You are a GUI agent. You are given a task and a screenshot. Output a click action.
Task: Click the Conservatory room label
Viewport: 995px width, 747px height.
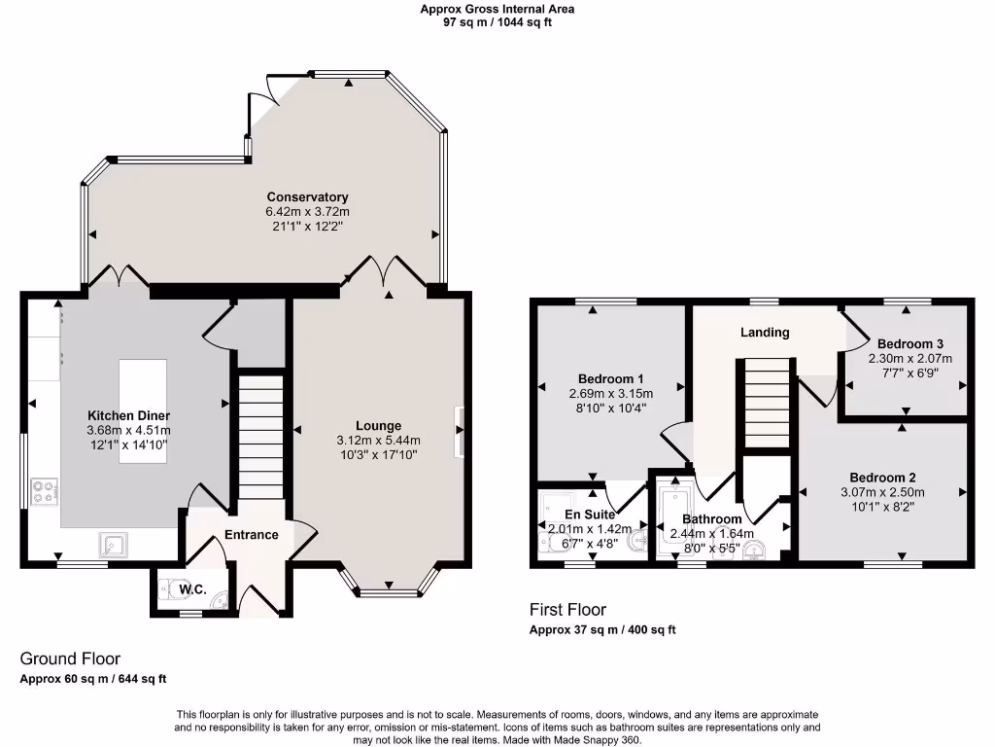click(307, 197)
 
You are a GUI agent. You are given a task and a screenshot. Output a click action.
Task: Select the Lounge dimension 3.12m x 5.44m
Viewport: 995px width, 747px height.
click(378, 441)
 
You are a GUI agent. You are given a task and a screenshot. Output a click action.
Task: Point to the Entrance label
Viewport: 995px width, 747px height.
click(252, 534)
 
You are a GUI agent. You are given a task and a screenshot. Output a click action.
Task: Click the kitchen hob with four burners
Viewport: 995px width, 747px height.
click(45, 490)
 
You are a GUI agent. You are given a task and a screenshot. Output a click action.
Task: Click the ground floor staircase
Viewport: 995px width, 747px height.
click(258, 438)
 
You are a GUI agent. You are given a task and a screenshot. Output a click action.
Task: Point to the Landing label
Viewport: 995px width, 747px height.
click(765, 333)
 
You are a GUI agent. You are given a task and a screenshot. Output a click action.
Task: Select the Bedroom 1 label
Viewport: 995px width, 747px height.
click(611, 378)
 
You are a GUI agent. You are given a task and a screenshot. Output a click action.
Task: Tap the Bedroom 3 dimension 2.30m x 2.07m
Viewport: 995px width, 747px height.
click(909, 358)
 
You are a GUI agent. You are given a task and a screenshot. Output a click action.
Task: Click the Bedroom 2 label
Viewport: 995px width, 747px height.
click(882, 478)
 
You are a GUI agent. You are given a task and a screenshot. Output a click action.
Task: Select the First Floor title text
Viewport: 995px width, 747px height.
click(567, 610)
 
